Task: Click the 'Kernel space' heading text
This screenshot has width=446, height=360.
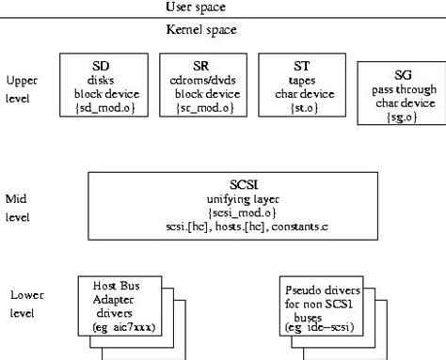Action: point(200,30)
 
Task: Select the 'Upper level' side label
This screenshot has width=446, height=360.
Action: point(22,88)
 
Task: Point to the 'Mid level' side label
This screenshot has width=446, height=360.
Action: point(18,207)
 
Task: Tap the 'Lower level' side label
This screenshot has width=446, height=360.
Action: point(22,303)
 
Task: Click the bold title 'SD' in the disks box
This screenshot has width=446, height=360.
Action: point(100,66)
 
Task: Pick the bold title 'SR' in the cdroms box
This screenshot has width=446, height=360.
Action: point(200,66)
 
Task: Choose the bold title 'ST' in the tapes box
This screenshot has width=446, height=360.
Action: point(299,66)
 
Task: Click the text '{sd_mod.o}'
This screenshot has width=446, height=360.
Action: point(100,108)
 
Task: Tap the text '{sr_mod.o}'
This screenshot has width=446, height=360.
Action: point(199,108)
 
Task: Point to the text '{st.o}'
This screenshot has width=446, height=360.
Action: point(299,108)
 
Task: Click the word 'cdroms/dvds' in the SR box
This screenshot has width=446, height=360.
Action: point(200,80)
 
